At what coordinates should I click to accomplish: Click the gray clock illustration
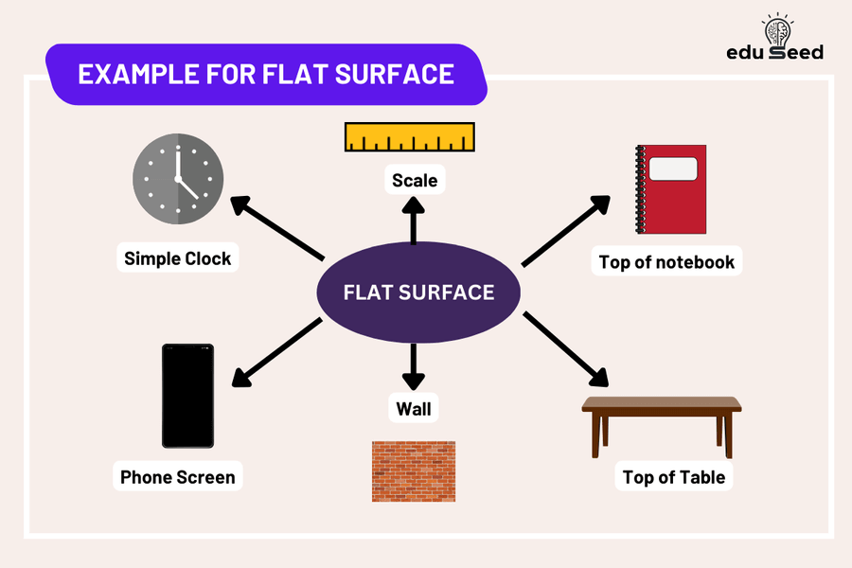tap(178, 180)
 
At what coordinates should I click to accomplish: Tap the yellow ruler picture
tap(410, 137)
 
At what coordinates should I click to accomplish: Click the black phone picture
tap(187, 396)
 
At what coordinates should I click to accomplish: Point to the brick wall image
tap(414, 470)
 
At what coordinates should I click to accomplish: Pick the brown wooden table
tap(661, 421)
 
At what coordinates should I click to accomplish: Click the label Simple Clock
tap(178, 258)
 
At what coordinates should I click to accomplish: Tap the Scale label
tap(415, 180)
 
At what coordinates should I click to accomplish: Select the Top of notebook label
tap(666, 261)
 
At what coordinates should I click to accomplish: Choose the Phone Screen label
tap(178, 477)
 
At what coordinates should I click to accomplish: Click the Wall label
tap(414, 409)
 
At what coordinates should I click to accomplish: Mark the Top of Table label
tap(674, 477)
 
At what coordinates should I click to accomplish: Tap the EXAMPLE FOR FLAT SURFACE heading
tap(265, 74)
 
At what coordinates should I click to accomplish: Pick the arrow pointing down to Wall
tap(413, 367)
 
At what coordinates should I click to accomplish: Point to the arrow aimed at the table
tap(565, 348)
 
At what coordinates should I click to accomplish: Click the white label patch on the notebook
tap(672, 169)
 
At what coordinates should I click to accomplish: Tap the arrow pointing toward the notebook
tap(566, 230)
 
